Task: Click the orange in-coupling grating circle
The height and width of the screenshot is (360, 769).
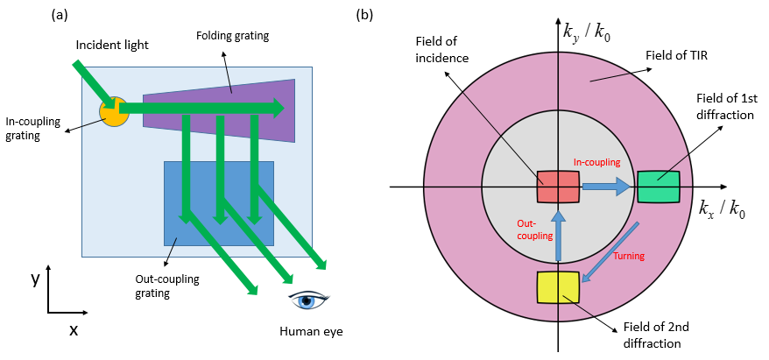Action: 114,111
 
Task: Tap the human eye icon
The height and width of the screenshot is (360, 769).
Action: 308,300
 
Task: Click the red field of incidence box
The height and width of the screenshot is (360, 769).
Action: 559,187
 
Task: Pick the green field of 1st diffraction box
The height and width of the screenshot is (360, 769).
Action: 659,187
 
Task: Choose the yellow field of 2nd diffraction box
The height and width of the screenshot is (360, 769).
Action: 559,287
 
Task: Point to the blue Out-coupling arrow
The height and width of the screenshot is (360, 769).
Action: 558,236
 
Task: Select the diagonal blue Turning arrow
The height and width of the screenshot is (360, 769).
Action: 609,253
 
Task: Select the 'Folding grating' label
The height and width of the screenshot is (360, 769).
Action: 232,36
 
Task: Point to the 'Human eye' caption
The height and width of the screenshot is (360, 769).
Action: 311,332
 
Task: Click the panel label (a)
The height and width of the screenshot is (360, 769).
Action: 60,15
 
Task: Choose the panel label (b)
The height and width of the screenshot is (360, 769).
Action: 365,15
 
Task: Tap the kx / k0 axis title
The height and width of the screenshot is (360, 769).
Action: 721,210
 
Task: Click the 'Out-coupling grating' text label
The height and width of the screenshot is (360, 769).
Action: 167,286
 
